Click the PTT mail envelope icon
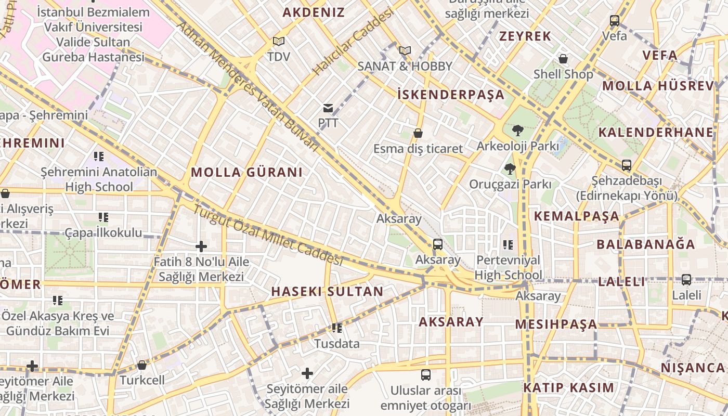(x=328, y=108)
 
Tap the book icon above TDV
(x=279, y=41)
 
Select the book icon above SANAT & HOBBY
(x=405, y=50)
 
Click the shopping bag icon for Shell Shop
(x=563, y=59)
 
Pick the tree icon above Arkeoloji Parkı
(x=517, y=130)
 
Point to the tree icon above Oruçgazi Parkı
(x=510, y=168)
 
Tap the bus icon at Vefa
(x=615, y=21)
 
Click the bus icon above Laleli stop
(x=686, y=280)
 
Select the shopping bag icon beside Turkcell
(x=142, y=365)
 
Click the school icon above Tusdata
(x=337, y=328)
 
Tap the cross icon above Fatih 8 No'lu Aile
(x=201, y=246)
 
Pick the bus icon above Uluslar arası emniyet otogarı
(x=426, y=374)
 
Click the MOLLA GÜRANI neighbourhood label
(x=246, y=172)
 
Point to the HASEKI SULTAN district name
(x=327, y=291)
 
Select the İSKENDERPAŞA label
(x=450, y=94)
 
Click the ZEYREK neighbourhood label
(x=525, y=36)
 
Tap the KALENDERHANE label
(x=655, y=132)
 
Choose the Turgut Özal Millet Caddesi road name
(x=268, y=236)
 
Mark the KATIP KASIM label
(x=569, y=387)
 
